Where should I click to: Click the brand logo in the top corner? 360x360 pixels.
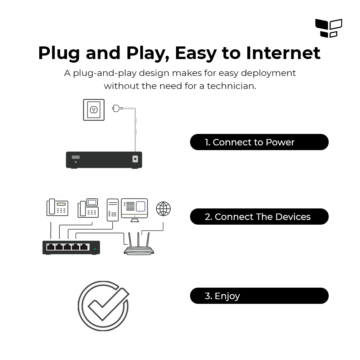tap(328, 28)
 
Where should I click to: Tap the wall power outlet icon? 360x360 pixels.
tap(94, 110)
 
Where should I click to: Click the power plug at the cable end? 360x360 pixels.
tap(117, 108)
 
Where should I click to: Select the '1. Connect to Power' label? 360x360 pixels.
tap(259, 142)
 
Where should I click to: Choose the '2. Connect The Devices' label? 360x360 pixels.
tap(259, 217)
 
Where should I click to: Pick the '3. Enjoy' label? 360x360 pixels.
tap(259, 296)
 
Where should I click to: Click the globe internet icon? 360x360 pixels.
tap(163, 209)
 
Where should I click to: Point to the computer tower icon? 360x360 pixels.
tap(113, 210)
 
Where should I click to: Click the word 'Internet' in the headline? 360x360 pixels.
tap(283, 53)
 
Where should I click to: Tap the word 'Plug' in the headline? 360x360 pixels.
tap(59, 53)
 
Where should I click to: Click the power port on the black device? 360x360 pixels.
tap(135, 159)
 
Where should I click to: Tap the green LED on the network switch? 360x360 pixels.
tap(95, 249)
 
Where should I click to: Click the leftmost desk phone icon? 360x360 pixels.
tap(57, 208)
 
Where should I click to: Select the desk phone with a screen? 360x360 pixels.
tap(88, 208)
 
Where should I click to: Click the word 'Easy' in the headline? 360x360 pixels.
tap(195, 53)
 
